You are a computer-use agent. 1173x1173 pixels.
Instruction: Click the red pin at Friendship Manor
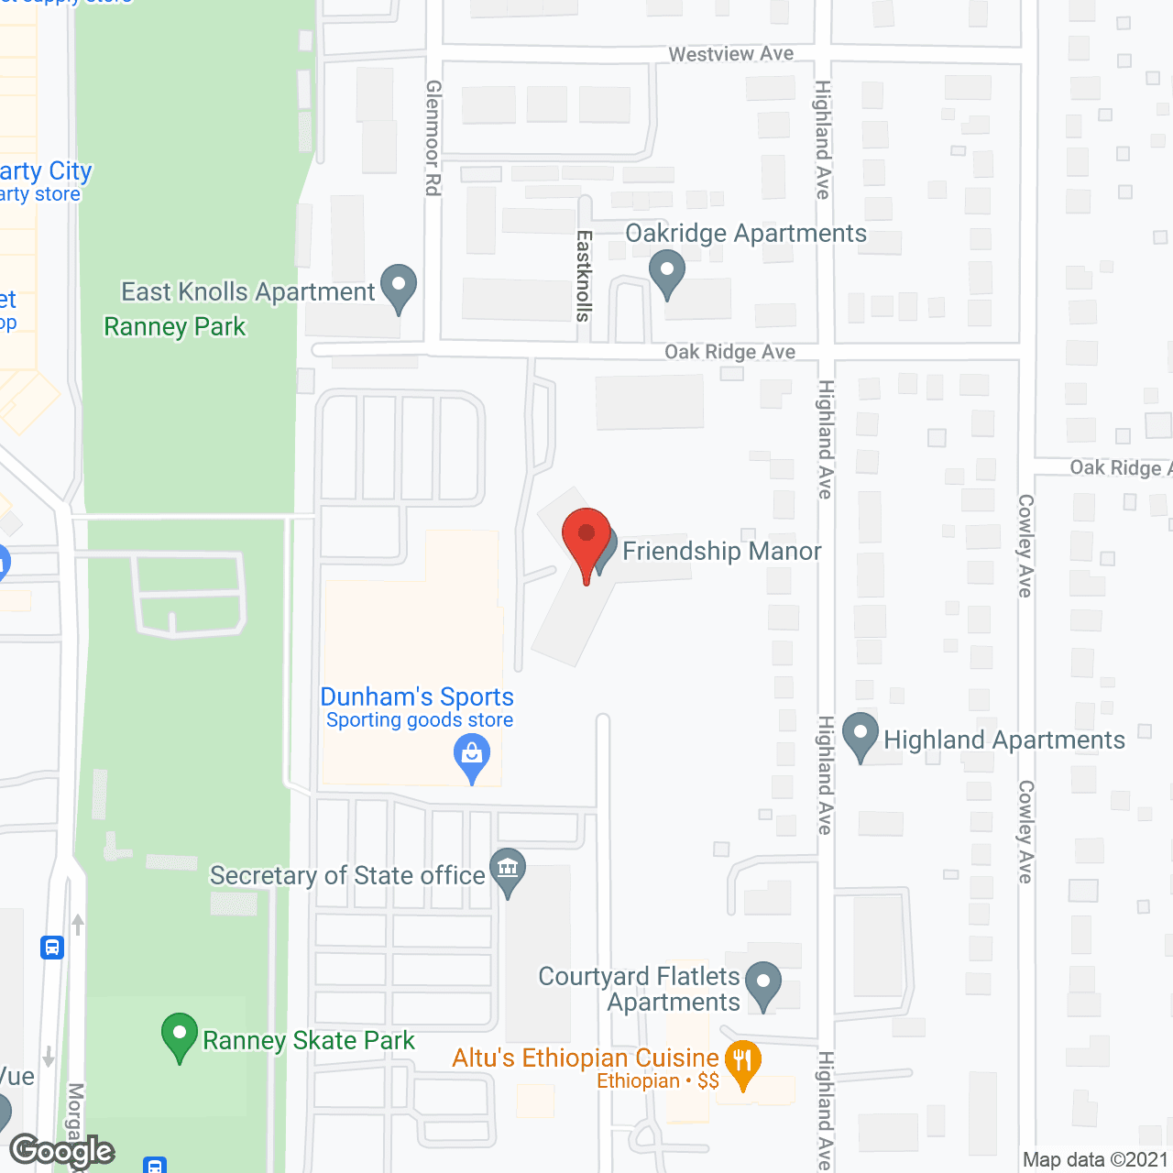[586, 541]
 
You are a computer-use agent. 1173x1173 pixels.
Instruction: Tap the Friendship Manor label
[721, 551]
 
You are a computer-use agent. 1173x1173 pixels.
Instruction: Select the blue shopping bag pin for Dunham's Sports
[472, 758]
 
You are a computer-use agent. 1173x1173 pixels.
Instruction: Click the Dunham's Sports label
[417, 696]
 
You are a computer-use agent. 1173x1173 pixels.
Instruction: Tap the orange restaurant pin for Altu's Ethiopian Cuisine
[742, 1063]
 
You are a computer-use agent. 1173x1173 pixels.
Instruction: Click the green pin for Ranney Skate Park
[180, 1035]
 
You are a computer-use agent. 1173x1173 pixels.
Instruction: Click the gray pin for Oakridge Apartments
[667, 272]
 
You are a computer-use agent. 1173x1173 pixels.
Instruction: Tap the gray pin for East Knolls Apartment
[399, 286]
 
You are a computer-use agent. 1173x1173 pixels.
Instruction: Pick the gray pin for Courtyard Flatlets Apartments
[763, 983]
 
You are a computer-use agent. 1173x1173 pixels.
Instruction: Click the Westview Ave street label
[730, 54]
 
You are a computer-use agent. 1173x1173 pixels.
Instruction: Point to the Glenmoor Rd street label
[433, 137]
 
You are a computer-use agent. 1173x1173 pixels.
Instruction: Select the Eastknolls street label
[584, 276]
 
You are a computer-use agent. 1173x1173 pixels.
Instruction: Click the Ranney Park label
[175, 326]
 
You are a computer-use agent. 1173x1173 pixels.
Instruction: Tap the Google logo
[62, 1151]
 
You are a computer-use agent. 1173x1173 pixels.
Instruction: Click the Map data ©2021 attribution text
[1095, 1160]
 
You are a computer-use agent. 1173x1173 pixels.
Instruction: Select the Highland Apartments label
[1003, 740]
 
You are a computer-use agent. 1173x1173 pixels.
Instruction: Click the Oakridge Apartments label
[746, 234]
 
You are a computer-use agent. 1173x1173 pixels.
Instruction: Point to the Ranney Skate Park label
[308, 1040]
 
